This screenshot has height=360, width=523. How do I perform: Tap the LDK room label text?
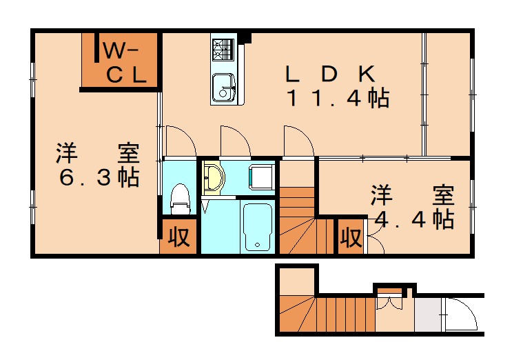[330, 73]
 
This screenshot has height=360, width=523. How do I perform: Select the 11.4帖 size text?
[338, 99]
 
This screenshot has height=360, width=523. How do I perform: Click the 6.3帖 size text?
[99, 177]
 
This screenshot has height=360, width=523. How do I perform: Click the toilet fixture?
[179, 197]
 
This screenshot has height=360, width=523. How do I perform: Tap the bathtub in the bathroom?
[258, 226]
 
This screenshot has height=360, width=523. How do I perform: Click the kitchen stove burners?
[224, 49]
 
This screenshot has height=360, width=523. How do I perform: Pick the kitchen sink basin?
[223, 87]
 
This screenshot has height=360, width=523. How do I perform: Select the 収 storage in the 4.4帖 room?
[350, 237]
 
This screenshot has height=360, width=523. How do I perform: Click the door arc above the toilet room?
[181, 141]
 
